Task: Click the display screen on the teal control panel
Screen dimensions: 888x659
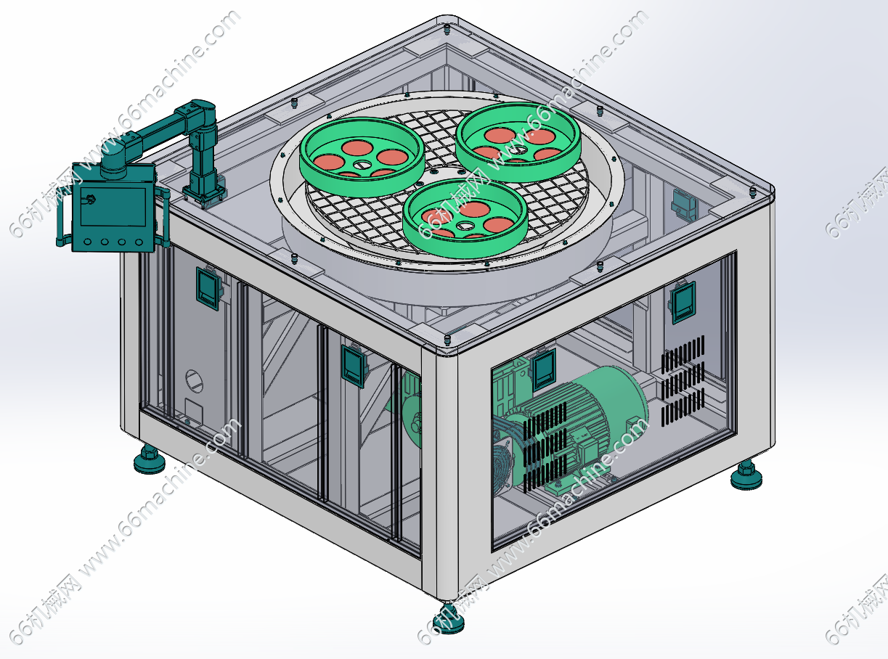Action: (113, 207)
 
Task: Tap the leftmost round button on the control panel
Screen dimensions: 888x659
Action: (87, 242)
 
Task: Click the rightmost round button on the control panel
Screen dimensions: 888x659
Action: (139, 242)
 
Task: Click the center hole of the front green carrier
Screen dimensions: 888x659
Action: (465, 226)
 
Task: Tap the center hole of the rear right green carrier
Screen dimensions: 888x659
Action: (520, 150)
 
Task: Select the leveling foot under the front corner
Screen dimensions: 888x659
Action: (449, 618)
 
